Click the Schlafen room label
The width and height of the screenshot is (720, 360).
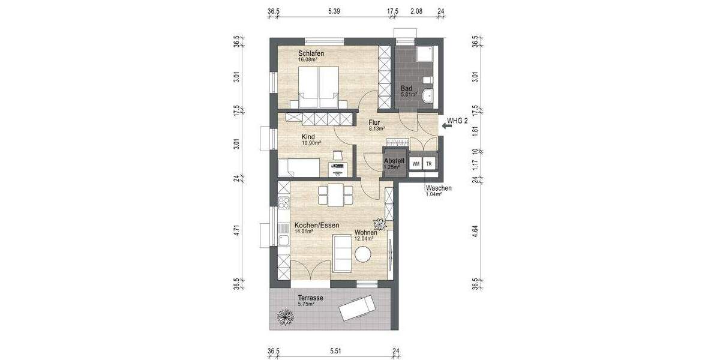pyautogui.click(x=311, y=53)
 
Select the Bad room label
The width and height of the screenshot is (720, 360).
pyautogui.click(x=407, y=88)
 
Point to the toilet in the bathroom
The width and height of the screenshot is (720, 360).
pyautogui.click(x=427, y=81)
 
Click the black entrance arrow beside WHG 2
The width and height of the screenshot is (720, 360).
pyautogui.click(x=447, y=125)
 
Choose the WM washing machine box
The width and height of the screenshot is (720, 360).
pyautogui.click(x=416, y=164)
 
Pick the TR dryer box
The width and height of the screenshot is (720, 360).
pyautogui.click(x=429, y=164)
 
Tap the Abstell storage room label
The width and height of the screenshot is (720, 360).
pyautogui.click(x=394, y=161)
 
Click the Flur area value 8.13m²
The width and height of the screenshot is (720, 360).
pyautogui.click(x=377, y=128)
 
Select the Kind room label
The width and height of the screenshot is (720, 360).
pyautogui.click(x=308, y=136)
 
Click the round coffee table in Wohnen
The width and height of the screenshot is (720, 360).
pyautogui.click(x=363, y=255)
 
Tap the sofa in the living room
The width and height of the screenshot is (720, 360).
pyautogui.click(x=342, y=253)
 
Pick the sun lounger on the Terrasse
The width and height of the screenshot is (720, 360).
pyautogui.click(x=358, y=308)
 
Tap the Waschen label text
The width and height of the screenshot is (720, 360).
pyautogui.click(x=439, y=188)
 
